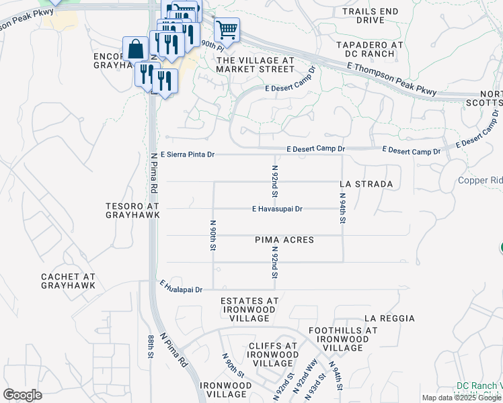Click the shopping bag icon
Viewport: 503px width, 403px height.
pyautogui.click(x=136, y=49)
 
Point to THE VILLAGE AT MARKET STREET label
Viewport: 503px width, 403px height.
pyautogui.click(x=255, y=65)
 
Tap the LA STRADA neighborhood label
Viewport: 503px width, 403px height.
pyautogui.click(x=366, y=183)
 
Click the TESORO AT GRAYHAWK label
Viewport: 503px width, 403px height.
pyautogui.click(x=132, y=210)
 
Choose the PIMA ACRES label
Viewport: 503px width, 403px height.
pyautogui.click(x=284, y=240)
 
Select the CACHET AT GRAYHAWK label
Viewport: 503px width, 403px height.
pyautogui.click(x=68, y=281)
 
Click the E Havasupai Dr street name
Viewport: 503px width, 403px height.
pyautogui.click(x=277, y=209)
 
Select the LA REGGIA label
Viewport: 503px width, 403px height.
pyautogui.click(x=389, y=318)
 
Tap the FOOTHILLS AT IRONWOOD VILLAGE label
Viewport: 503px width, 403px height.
pyautogui.click(x=343, y=339)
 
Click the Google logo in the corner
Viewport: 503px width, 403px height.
pyautogui.click(x=22, y=395)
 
